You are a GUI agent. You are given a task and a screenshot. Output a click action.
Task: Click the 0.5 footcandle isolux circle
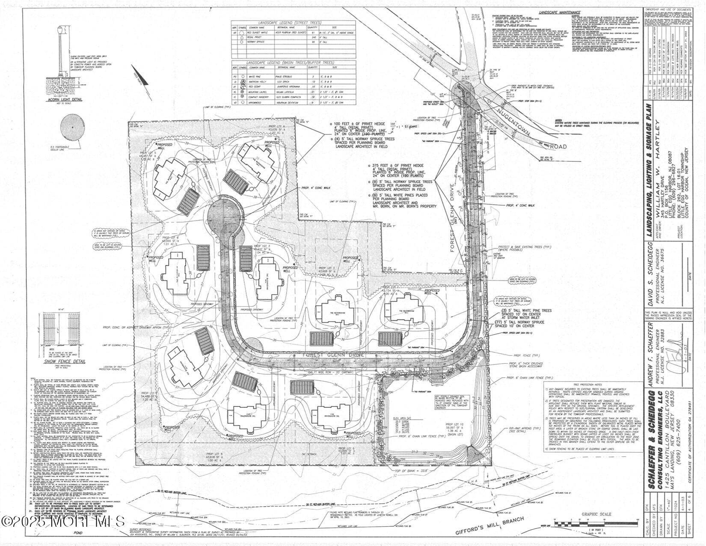(73, 127)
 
